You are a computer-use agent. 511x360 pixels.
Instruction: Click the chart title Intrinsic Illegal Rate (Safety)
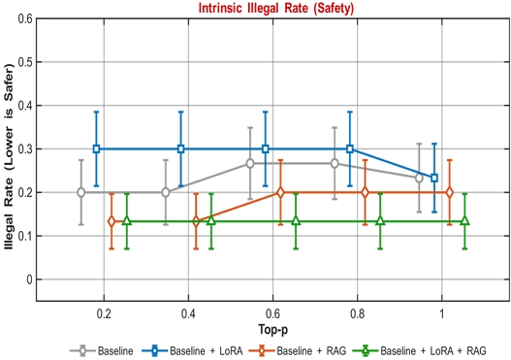276,8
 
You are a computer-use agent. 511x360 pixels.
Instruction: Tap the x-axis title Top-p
273,330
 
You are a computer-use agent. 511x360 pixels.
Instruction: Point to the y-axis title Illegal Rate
9,214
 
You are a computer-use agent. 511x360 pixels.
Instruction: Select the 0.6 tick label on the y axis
25,18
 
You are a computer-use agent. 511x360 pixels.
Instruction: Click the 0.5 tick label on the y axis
25,62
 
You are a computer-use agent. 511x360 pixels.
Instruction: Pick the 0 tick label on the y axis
29,279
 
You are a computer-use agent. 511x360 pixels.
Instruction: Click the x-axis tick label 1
441,313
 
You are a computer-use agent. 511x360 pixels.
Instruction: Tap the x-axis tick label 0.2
104,313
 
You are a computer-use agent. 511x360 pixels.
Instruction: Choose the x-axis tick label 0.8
357,313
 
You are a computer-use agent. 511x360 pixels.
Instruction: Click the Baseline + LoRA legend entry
193,351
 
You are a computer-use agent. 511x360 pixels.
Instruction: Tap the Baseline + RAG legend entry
298,351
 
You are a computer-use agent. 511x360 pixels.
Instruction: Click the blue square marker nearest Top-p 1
434,178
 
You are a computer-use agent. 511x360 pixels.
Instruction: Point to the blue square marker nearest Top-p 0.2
96,149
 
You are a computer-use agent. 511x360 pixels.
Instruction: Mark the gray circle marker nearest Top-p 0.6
250,163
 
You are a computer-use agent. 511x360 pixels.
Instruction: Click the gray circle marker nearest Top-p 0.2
81,192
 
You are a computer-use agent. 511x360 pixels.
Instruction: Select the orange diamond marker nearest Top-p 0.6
280,192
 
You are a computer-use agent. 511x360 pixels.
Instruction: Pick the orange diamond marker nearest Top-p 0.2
112,221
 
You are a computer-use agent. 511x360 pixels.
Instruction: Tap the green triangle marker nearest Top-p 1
465,221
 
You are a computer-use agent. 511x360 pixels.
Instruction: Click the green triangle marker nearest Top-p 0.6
296,221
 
